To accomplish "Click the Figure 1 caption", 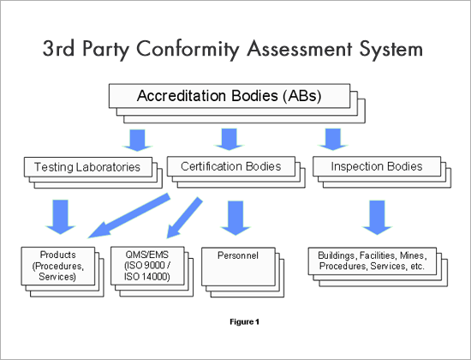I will click(244, 322).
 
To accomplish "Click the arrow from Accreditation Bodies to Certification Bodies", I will click(227, 139).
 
